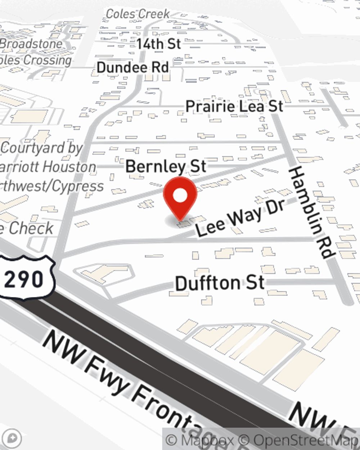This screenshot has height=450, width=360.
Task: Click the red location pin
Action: pos(180,198)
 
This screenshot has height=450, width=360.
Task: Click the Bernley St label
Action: pos(166,166)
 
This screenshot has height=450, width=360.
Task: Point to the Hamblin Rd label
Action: pos(310,212)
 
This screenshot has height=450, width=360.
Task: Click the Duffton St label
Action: pos(220,283)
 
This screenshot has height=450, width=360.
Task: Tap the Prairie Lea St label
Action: pos(234,107)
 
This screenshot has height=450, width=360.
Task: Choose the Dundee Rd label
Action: pos(133,67)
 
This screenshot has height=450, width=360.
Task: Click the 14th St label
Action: pos(158,44)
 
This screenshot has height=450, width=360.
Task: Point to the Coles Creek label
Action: pos(138,14)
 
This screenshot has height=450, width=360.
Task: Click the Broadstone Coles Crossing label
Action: pos(34,52)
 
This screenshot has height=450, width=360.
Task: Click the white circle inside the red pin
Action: pos(180,195)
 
